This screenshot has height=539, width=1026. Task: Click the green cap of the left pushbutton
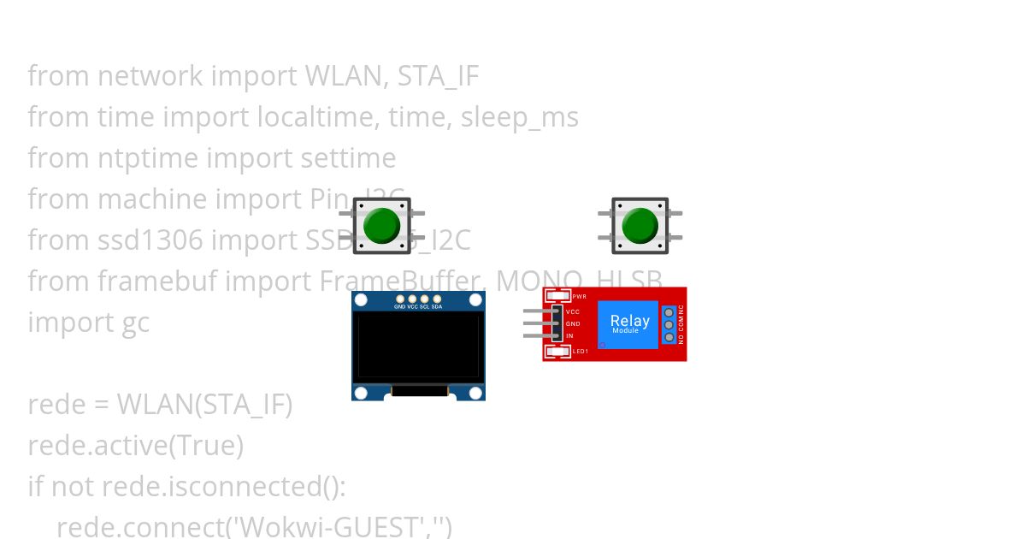click(x=381, y=225)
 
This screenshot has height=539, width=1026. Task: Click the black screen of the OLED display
click(x=418, y=346)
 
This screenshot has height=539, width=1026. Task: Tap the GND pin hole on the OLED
click(x=399, y=299)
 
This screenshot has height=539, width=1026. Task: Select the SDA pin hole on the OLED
click(x=436, y=299)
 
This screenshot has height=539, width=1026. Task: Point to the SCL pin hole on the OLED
click(x=424, y=299)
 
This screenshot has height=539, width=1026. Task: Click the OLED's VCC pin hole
click(x=412, y=299)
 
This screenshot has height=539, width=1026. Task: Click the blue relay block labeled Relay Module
click(x=628, y=324)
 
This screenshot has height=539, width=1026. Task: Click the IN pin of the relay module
click(x=556, y=336)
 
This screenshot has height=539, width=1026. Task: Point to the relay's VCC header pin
click(x=556, y=312)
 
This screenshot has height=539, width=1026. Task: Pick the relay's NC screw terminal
click(x=669, y=313)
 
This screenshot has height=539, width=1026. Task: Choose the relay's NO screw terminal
click(x=669, y=337)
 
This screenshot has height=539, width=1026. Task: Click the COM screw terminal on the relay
click(x=669, y=325)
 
